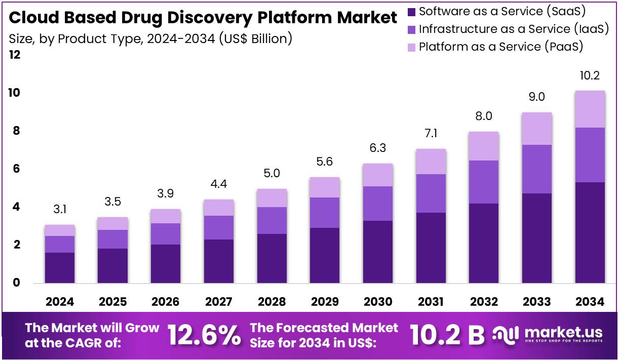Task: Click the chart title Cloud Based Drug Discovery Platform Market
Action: [x=203, y=18]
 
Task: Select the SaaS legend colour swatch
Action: [x=411, y=11]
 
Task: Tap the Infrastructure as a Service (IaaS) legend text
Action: [x=514, y=29]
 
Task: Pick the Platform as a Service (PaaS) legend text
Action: [x=501, y=47]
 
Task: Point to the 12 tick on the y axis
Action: [x=15, y=55]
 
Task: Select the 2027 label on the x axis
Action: [x=219, y=302]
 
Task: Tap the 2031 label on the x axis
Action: [x=431, y=302]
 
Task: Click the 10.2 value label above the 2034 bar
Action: [x=590, y=76]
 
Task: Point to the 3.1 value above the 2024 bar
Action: [x=60, y=209]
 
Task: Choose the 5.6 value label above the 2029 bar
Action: [x=325, y=162]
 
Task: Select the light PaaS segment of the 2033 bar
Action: [x=536, y=129]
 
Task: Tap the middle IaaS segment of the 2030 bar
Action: [x=378, y=203]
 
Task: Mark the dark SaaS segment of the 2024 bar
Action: [x=60, y=267]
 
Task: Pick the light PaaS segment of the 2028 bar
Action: [x=272, y=198]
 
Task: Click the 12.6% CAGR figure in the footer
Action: [x=204, y=335]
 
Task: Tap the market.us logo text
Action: [x=563, y=332]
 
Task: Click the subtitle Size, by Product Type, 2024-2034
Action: [x=150, y=38]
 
